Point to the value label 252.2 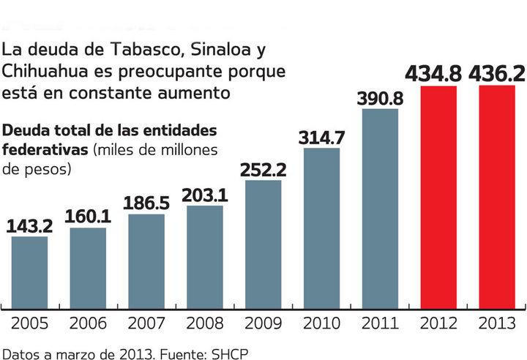(263, 170)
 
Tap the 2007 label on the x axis (146, 322)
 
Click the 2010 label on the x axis (321, 322)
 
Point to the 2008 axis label (205, 322)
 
